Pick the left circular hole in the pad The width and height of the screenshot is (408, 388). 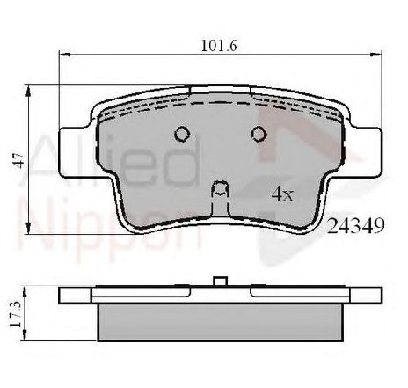(183, 134)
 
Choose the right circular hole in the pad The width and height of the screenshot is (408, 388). (259, 134)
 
